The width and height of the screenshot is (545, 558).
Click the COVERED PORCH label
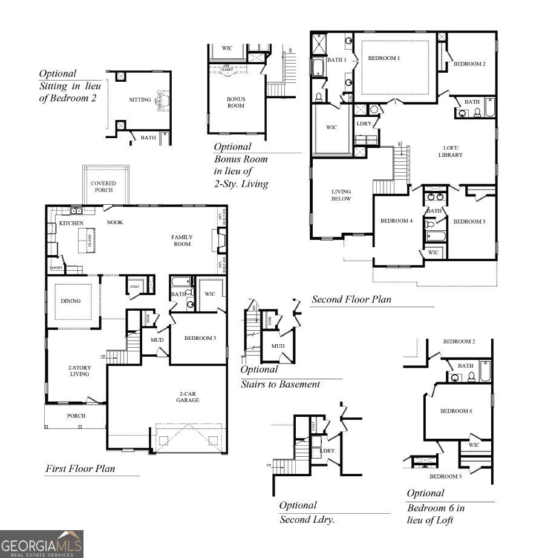tap(103, 187)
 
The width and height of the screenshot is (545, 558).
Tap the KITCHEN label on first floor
tap(71, 224)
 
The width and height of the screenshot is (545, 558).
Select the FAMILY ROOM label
tap(182, 241)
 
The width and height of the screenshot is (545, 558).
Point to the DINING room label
tap(71, 301)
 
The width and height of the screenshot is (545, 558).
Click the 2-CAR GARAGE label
tap(188, 396)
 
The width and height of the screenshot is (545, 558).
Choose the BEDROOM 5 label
tap(200, 338)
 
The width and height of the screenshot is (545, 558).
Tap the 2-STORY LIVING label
tap(79, 370)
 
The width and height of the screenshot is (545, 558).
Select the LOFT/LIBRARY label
tap(451, 151)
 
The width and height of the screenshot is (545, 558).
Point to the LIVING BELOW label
tap(341, 195)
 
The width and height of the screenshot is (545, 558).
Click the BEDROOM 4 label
tap(396, 221)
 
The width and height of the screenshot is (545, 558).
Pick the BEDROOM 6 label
tap(456, 411)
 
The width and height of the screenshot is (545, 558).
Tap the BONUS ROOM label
tap(236, 102)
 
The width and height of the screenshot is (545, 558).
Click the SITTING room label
tap(140, 100)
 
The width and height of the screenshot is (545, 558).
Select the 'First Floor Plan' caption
tap(80, 468)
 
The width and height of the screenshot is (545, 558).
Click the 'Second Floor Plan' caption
tap(351, 299)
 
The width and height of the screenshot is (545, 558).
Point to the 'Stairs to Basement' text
tap(280, 384)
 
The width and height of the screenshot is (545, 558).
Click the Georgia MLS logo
tap(41, 543)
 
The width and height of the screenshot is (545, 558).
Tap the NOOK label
tap(115, 222)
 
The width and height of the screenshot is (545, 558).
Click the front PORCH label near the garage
tap(76, 416)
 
